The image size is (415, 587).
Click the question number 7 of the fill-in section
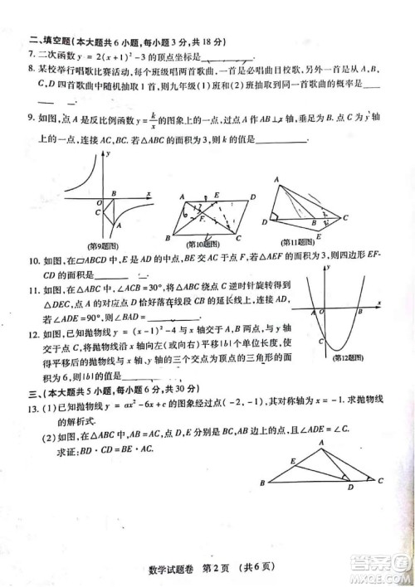coord(32,56)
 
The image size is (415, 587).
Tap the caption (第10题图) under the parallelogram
coord(204,244)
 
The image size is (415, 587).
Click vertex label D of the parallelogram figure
coord(251,196)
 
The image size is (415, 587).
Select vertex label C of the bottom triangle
coord(380,480)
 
